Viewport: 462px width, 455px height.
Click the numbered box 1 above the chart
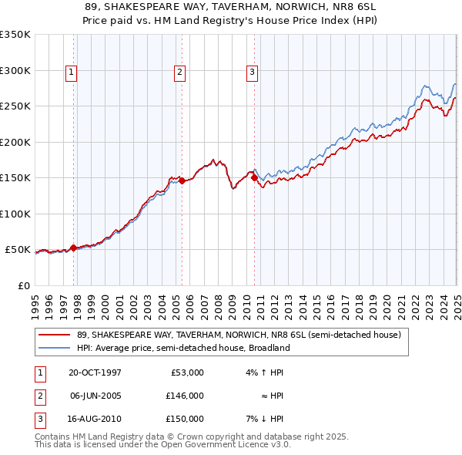tap(71, 72)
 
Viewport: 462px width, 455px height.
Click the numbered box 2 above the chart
tap(179, 72)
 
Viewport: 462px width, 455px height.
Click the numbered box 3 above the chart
tap(252, 72)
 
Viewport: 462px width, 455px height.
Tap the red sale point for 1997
tap(74, 248)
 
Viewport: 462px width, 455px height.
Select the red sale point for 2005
tap(182, 181)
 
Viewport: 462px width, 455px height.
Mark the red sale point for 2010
tap(254, 178)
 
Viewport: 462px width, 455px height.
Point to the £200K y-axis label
tap(15, 142)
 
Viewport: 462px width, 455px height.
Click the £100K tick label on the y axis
tap(15, 214)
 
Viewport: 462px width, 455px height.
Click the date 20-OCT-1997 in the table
tap(95, 372)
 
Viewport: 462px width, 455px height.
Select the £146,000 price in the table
tap(185, 396)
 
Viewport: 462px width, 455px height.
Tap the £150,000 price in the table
tap(185, 419)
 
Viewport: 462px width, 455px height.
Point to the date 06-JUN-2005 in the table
tap(95, 396)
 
